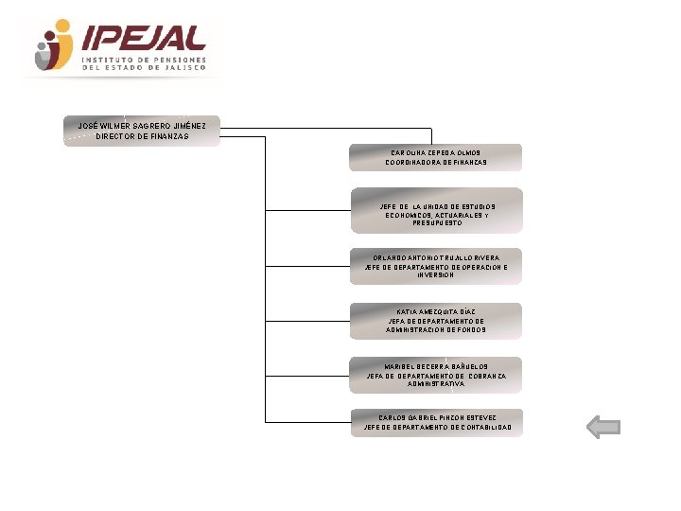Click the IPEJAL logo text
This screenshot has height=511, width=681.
(145, 38)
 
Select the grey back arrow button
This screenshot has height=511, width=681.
(602, 428)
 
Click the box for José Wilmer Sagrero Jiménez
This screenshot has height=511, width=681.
(142, 131)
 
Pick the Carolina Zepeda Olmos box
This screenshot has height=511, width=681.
(436, 157)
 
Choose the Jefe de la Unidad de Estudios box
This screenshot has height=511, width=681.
(436, 210)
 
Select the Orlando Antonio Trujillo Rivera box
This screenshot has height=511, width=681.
(436, 266)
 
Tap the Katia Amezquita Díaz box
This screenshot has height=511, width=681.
(436, 321)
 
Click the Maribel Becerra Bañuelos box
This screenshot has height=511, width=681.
(436, 375)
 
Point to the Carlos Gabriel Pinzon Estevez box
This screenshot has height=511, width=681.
(436, 422)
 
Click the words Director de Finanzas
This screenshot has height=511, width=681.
(142, 136)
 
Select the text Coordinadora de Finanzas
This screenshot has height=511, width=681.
(436, 163)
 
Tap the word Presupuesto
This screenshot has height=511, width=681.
(437, 223)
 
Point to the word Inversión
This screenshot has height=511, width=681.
(436, 275)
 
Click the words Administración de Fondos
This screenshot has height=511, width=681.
(436, 330)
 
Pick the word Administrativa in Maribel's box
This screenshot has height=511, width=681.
(436, 384)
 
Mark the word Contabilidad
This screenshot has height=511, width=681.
(482, 428)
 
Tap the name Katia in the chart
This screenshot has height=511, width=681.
(408, 311)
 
